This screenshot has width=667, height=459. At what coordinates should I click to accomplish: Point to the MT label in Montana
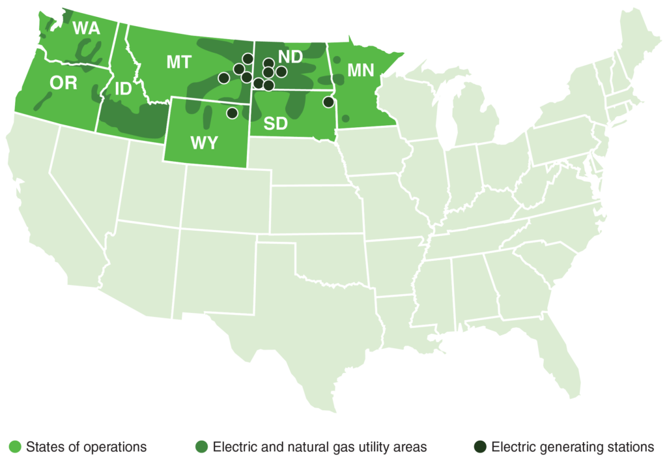(x=178, y=63)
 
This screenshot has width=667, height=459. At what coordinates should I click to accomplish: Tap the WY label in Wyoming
(x=204, y=143)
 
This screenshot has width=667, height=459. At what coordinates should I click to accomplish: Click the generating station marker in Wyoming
(x=232, y=113)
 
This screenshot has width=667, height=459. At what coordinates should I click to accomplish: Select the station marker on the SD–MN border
(x=328, y=102)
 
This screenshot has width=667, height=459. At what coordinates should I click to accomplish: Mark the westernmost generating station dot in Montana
(x=223, y=78)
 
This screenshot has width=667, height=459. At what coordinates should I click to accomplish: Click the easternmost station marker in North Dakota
(x=281, y=70)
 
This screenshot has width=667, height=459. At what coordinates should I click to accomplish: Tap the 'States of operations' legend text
(x=86, y=447)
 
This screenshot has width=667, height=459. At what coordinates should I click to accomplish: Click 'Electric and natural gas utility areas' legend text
(x=320, y=447)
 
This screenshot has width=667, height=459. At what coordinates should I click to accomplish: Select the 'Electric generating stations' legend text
(x=573, y=447)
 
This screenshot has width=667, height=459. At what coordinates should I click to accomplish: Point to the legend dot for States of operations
(x=15, y=447)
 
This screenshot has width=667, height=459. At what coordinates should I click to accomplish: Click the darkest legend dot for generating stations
(x=480, y=447)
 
